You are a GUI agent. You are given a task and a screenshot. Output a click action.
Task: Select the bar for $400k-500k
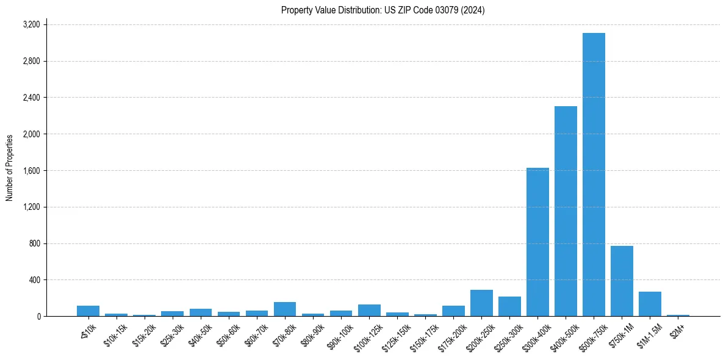(x=566, y=211)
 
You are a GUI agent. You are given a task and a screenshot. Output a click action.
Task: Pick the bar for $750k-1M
(x=622, y=281)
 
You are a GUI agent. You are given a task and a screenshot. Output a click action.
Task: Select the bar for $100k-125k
(x=369, y=310)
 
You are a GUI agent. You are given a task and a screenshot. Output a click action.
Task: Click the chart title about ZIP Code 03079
(x=383, y=10)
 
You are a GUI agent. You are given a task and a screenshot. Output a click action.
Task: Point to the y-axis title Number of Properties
(x=10, y=168)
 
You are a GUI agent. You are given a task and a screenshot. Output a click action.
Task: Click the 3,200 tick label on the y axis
(x=31, y=24)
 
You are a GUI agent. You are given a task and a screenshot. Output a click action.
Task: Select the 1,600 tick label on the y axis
(x=31, y=170)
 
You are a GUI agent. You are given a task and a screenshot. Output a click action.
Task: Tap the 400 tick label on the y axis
(x=34, y=280)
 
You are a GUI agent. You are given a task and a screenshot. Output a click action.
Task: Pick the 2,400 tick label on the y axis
(x=31, y=98)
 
